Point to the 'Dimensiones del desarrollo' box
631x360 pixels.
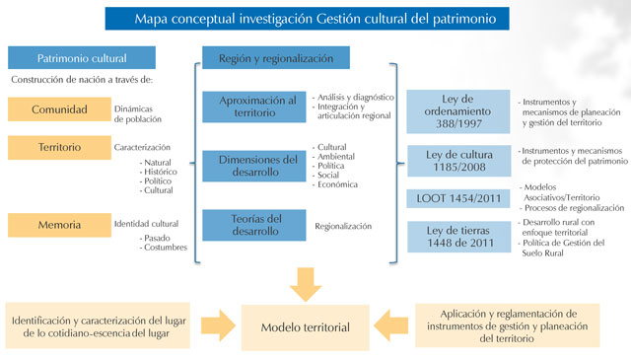coord(256,167)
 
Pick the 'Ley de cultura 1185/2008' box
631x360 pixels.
coord(456,161)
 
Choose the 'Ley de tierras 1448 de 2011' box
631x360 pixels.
coord(456,238)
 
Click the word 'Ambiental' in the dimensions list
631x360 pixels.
coord(337,156)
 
